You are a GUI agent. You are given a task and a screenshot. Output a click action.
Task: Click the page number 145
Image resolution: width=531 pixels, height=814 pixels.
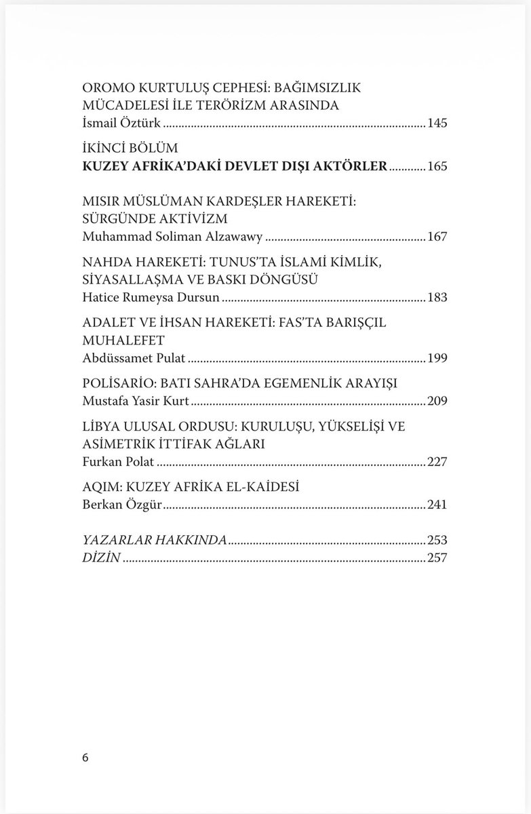pos(437,124)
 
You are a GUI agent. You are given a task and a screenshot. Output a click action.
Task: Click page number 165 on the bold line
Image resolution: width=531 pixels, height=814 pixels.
pos(437,166)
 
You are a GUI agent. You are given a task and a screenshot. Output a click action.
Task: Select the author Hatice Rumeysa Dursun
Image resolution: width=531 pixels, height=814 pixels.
pos(161,297)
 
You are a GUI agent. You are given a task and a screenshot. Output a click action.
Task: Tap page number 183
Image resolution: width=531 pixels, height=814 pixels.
pos(437,297)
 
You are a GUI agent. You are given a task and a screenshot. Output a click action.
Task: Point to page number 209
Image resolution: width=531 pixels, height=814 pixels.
pos(437,402)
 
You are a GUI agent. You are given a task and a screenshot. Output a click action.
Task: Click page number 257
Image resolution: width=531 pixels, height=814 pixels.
pos(437,558)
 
